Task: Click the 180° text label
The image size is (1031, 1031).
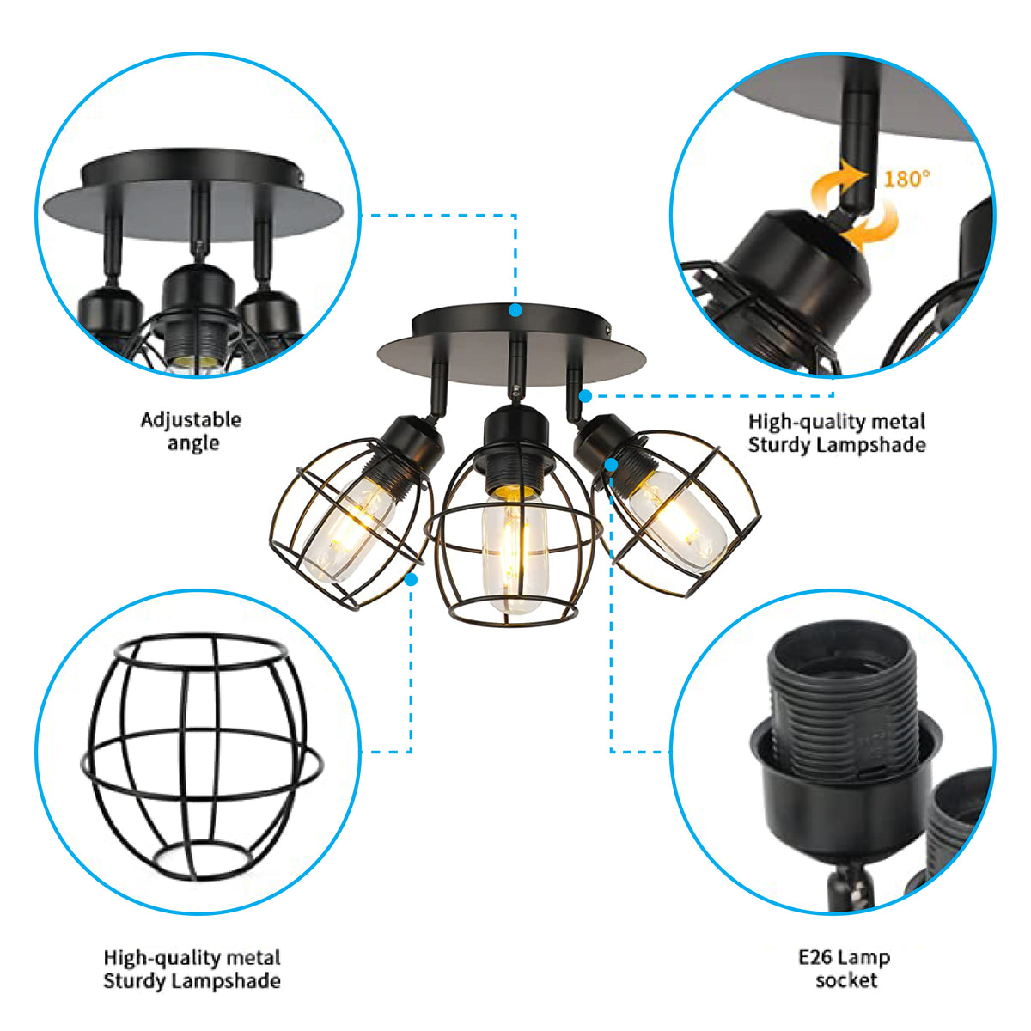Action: point(906,179)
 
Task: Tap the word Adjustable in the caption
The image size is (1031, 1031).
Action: point(191,420)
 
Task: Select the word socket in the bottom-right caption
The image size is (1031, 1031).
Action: point(846,980)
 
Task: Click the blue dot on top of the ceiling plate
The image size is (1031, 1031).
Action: point(515,310)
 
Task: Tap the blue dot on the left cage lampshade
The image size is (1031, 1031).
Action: point(411,580)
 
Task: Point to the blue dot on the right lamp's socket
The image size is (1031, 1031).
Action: point(610,465)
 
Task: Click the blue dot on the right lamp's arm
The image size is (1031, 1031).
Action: point(585,396)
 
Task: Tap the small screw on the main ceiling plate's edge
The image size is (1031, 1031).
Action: point(609,327)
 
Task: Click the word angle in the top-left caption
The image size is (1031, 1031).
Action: point(193,443)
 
